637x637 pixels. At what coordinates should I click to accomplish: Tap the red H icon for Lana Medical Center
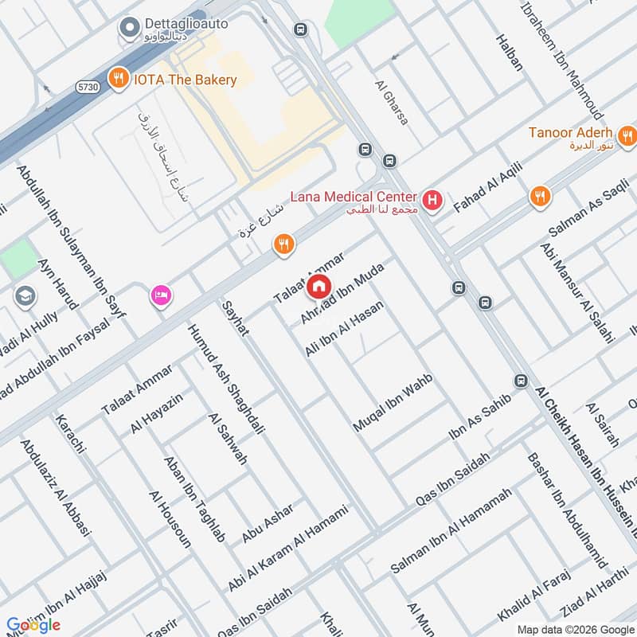432,200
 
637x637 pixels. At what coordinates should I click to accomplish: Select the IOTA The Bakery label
185,80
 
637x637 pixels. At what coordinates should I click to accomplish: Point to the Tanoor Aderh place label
570,132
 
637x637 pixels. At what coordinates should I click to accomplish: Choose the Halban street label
509,53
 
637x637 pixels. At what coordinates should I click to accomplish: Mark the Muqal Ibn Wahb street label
393,403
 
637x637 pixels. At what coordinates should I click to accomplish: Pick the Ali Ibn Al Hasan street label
345,328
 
